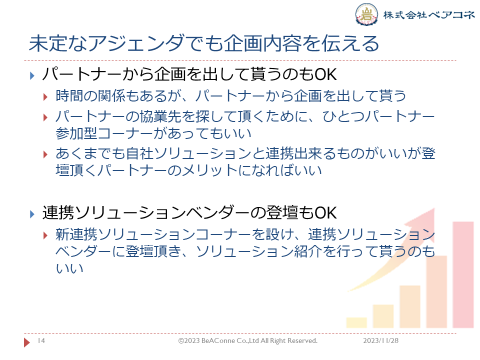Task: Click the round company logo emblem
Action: (x=366, y=14)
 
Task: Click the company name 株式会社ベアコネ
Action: (x=429, y=14)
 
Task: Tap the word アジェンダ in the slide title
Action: (x=136, y=43)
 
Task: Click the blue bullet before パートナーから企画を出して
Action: (x=32, y=75)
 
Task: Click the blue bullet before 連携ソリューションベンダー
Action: (x=32, y=214)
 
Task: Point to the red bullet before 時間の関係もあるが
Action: (x=45, y=97)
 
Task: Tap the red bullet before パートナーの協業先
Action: (x=45, y=117)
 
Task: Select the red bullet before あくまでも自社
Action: (x=45, y=154)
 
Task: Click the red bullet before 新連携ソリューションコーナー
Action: (x=45, y=235)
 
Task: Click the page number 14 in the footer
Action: (x=41, y=340)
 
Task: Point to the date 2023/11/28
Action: (x=381, y=340)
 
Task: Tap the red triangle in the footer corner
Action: (x=27, y=342)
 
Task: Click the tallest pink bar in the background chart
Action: (x=463, y=274)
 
